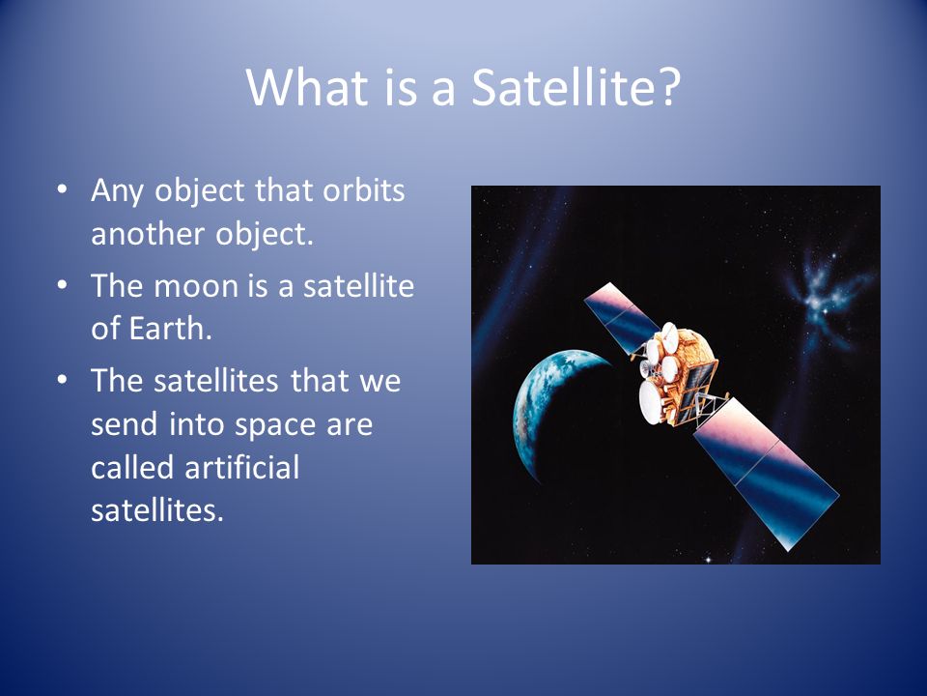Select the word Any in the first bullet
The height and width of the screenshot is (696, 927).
point(117,191)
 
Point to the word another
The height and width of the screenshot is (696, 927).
point(147,234)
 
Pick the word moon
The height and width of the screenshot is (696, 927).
point(196,286)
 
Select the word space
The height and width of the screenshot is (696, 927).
point(275,426)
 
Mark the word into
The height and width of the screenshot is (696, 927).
point(196,423)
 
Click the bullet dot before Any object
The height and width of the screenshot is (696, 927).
point(62,190)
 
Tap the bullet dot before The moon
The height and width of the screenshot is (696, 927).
point(62,285)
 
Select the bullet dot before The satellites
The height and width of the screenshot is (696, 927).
point(62,380)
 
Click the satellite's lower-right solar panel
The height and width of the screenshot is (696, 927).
point(766,474)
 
